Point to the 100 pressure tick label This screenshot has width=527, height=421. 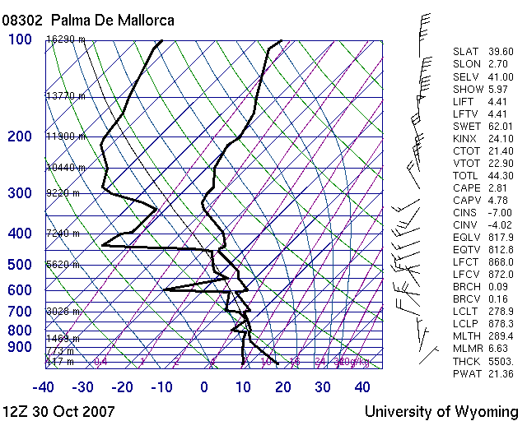(21, 39)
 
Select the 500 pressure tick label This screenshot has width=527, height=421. (21, 265)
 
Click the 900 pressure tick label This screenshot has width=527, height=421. (21, 348)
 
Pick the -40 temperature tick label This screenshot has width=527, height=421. (44, 387)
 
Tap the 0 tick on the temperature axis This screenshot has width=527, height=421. (204, 387)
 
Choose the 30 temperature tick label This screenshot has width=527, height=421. (323, 387)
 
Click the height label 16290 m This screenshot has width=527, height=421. (65, 39)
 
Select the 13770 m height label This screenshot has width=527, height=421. (65, 96)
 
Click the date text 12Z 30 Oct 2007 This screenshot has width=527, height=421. (59, 411)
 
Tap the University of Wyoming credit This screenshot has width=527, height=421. (441, 411)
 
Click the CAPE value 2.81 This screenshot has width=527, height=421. (501, 187)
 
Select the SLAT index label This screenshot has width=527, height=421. (465, 51)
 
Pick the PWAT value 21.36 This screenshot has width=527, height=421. (500, 374)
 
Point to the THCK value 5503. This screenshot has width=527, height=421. (500, 362)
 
